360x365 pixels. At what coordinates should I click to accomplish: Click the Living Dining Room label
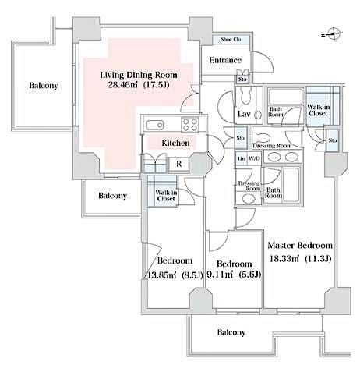(x=139, y=75)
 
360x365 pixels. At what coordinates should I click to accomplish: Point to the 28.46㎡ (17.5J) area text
(x=139, y=88)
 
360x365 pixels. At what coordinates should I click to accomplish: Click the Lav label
(x=243, y=115)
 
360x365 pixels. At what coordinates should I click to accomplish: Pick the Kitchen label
(x=176, y=144)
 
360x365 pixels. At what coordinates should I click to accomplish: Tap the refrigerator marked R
(x=178, y=164)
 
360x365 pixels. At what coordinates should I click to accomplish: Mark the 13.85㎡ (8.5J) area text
(x=176, y=274)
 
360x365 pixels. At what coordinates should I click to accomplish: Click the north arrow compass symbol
(x=331, y=34)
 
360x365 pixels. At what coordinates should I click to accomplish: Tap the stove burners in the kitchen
(x=190, y=124)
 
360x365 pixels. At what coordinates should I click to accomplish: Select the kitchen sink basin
(x=153, y=124)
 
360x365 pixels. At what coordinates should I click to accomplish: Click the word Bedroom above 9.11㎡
(x=234, y=263)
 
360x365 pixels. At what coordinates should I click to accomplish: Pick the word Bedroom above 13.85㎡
(x=175, y=260)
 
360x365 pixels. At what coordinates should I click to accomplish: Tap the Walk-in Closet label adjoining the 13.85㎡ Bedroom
(x=165, y=195)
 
